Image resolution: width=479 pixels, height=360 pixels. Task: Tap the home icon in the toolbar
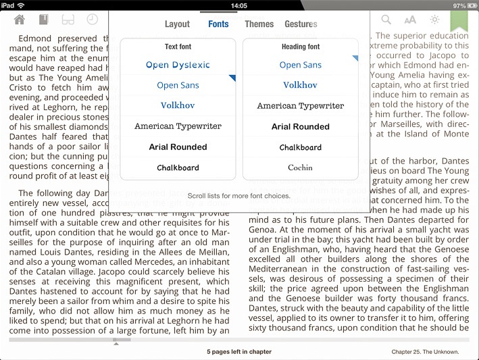(x=20, y=20)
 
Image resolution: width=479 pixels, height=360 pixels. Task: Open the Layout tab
(x=177, y=24)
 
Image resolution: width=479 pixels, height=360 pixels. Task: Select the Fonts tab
(x=218, y=24)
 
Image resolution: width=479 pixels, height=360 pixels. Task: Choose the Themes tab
(x=259, y=24)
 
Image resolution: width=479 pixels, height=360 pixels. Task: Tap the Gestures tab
(x=301, y=24)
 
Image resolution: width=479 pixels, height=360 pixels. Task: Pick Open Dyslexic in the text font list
(x=178, y=65)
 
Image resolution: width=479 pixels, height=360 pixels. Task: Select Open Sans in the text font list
(x=178, y=85)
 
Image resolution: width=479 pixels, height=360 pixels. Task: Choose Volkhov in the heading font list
(x=301, y=85)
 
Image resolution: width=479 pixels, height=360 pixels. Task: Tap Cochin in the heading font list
(x=301, y=168)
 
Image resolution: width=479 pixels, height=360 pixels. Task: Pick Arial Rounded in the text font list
(x=178, y=147)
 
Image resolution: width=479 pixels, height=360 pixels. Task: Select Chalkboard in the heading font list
(x=301, y=147)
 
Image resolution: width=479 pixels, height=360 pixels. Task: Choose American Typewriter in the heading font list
(x=301, y=105)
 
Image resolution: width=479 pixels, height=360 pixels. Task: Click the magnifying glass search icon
(x=387, y=20)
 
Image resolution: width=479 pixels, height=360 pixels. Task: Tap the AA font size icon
(x=410, y=20)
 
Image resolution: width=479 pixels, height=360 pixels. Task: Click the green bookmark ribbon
(x=459, y=20)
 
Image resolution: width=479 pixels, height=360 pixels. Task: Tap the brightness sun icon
(x=434, y=20)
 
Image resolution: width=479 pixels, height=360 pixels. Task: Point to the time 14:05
(x=238, y=5)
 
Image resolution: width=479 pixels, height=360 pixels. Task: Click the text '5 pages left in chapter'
(x=239, y=352)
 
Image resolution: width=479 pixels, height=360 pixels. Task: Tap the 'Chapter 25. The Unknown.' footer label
(x=425, y=352)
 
